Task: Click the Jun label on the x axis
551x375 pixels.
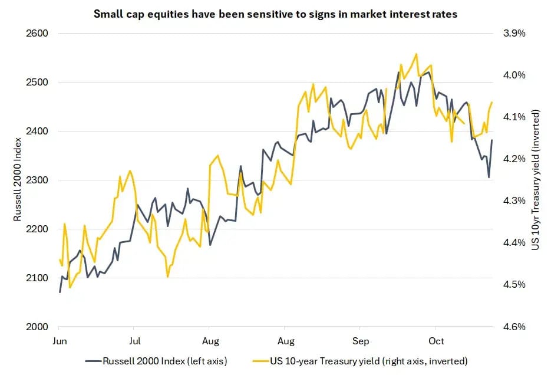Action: tap(60, 341)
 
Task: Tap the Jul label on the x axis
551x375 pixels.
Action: tap(135, 341)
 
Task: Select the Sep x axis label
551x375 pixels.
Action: tap(361, 341)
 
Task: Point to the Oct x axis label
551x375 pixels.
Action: tap(436, 341)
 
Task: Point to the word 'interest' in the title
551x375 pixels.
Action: tap(389, 13)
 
